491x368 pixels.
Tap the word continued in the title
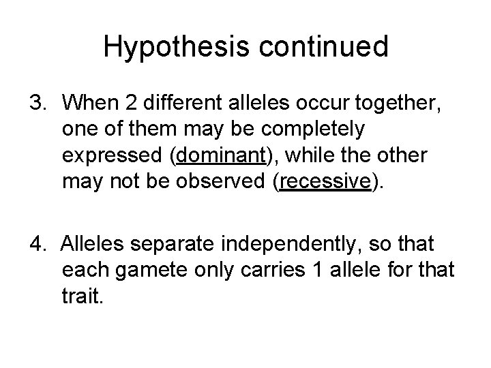tap(319, 47)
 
